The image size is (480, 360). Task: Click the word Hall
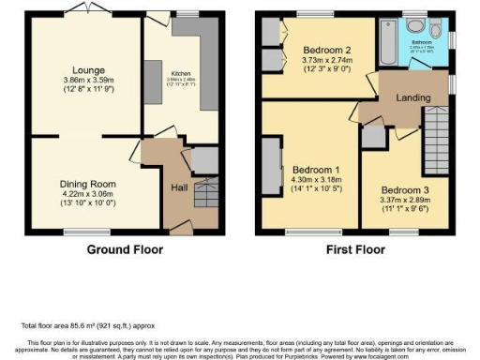(x=179, y=187)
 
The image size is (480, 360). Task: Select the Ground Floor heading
(x=125, y=250)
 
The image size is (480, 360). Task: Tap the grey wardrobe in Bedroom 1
(x=271, y=169)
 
